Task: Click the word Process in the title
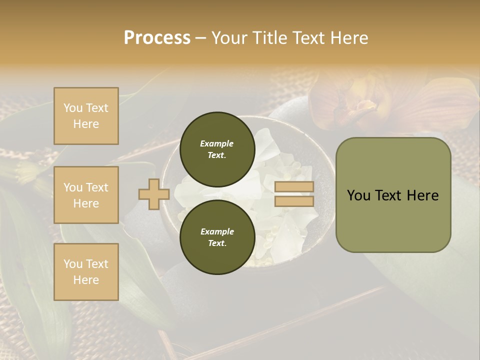point(157,38)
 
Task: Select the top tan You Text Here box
point(86,116)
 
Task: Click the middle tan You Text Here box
point(86,195)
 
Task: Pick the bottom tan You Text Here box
point(86,271)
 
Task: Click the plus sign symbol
point(154,194)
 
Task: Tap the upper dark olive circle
point(217,149)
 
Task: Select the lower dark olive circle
point(217,237)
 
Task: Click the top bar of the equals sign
point(294,187)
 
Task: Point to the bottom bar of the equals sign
point(294,201)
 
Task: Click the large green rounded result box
point(393,195)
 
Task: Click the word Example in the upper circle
point(217,143)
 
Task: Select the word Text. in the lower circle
point(217,243)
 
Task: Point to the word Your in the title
point(228,38)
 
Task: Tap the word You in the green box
point(359,195)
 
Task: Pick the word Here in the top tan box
point(86,124)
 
